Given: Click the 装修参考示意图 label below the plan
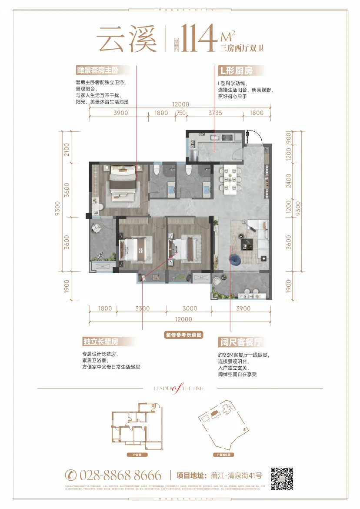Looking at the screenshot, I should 184,335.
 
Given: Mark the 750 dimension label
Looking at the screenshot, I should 180,113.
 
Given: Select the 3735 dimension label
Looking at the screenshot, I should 215,113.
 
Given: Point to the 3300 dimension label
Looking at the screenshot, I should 142,308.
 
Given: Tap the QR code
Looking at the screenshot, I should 282,479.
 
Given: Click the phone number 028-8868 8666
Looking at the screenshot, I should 120,475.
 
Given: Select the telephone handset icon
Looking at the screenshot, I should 71,475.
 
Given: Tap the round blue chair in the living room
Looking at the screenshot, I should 236,260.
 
